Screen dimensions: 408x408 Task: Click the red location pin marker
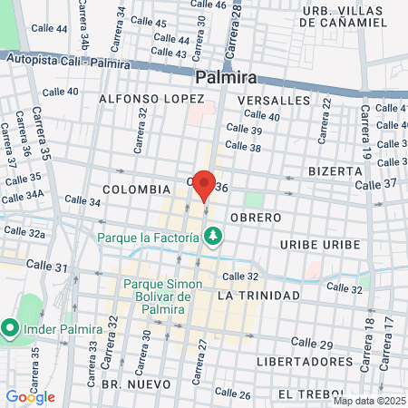204,184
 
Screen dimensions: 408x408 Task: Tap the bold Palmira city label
225,78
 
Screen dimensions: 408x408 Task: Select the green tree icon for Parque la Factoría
214,237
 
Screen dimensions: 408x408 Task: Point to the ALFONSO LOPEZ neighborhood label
145,98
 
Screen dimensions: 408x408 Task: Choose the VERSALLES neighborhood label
273,100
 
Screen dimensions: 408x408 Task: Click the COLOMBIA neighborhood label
136,189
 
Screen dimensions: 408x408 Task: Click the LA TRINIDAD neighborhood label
258,296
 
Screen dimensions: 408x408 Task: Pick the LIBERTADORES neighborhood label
305,361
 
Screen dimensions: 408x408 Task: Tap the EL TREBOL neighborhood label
310,394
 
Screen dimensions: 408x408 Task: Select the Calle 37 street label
375,184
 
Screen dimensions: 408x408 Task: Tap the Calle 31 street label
47,266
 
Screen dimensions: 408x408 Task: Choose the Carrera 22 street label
324,120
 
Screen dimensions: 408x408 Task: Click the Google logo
30,397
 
